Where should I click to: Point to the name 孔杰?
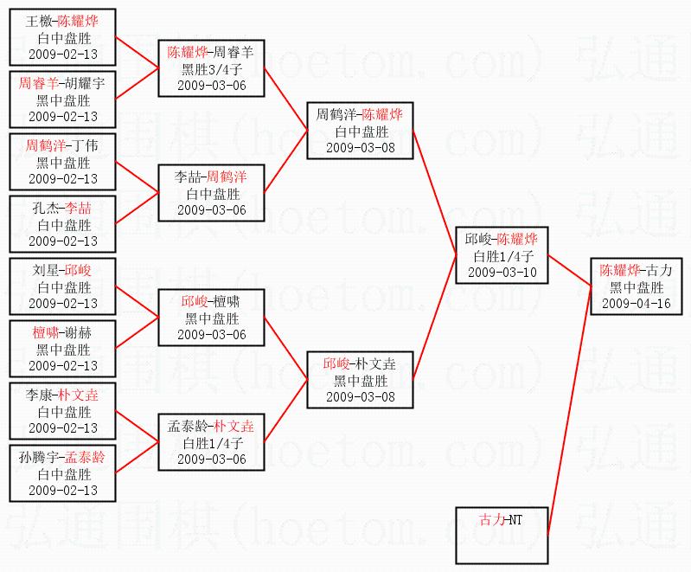[46, 209]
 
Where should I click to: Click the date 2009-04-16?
[636, 303]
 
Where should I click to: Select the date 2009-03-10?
[502, 272]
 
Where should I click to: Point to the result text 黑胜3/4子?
[211, 69]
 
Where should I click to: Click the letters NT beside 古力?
[515, 520]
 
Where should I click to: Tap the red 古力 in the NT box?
[493, 520]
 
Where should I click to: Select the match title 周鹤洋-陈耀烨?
[360, 114]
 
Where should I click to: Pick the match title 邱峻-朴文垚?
[360, 363]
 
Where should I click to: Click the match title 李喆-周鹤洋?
[211, 177]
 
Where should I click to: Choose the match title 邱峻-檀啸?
[211, 302]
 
